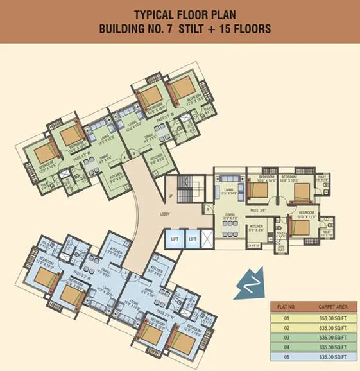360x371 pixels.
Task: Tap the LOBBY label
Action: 164,216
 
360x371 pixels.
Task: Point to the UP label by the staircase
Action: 170,195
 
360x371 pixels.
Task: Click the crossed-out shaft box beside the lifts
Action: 207,239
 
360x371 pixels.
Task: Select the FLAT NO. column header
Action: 286,308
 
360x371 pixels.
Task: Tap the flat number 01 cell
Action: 286,318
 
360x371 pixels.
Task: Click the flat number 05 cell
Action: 286,356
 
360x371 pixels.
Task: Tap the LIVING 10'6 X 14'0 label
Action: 228,191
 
